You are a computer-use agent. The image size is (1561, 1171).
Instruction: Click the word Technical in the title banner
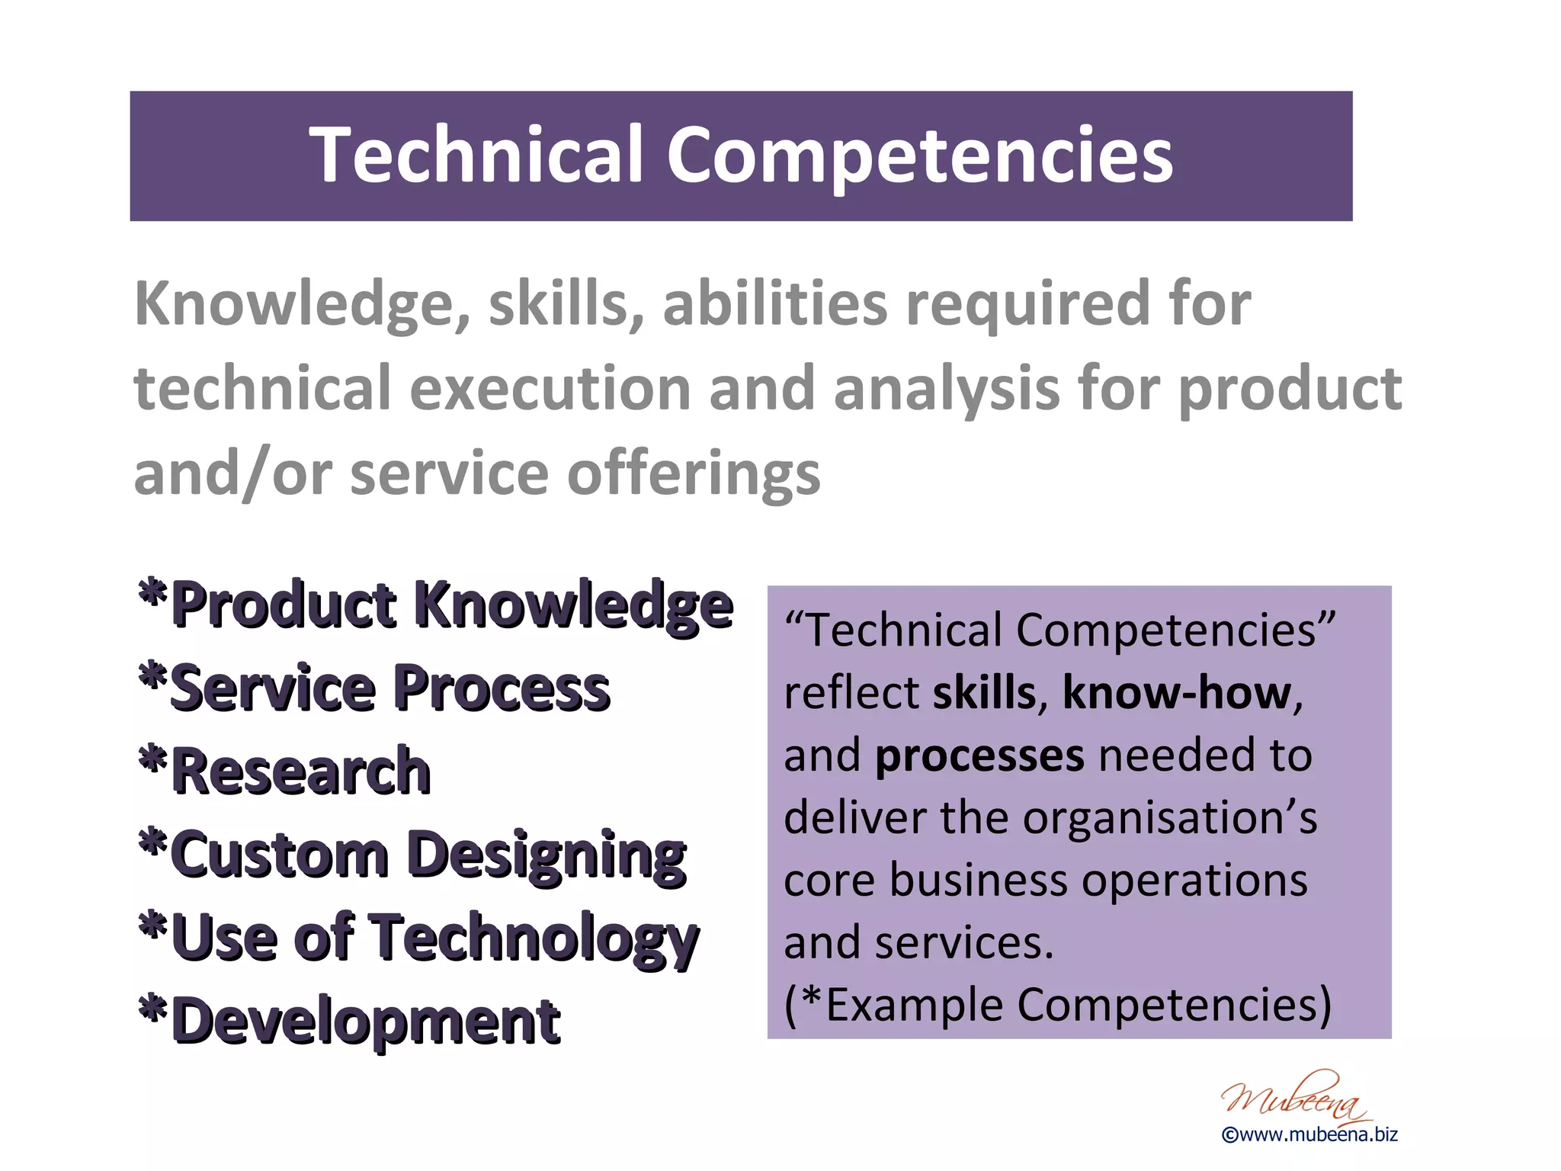click(x=477, y=155)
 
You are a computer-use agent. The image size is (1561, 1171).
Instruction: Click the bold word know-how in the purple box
click(x=1177, y=693)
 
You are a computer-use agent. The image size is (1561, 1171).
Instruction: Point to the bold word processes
click(x=979, y=756)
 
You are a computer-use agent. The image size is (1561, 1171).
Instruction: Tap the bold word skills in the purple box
click(x=984, y=693)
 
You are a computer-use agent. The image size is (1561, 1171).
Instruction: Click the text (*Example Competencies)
click(x=1057, y=1005)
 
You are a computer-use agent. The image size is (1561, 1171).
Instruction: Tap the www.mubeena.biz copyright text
click(x=1309, y=1135)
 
